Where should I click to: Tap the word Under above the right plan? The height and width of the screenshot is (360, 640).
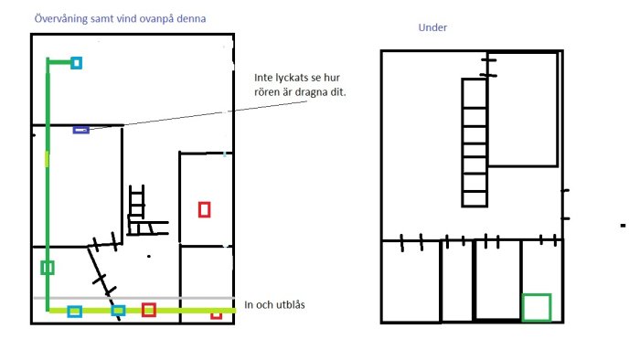tap(432, 27)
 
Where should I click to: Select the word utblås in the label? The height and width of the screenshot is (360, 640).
tap(291, 304)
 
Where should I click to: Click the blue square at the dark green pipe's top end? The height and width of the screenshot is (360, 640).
tap(76, 63)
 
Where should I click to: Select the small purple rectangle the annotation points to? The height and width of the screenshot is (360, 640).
tap(81, 130)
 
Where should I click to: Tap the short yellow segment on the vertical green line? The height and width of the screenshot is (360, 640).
tap(47, 159)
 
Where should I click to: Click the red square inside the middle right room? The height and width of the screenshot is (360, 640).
tap(205, 210)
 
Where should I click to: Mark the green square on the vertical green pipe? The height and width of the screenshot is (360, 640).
tap(48, 268)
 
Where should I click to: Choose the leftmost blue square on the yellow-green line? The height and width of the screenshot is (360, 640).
tap(74, 312)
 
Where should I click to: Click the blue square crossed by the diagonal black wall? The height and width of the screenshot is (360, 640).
tap(118, 311)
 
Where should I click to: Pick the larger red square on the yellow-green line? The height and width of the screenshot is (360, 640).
tap(148, 310)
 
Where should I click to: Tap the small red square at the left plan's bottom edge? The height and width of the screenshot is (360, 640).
tap(217, 314)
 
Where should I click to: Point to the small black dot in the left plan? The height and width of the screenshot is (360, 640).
tap(149, 256)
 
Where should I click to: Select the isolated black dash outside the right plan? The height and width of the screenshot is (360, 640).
tap(623, 226)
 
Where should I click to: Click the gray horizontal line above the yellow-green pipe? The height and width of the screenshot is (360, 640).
tap(134, 298)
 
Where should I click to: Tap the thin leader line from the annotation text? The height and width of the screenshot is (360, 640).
tap(198, 115)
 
